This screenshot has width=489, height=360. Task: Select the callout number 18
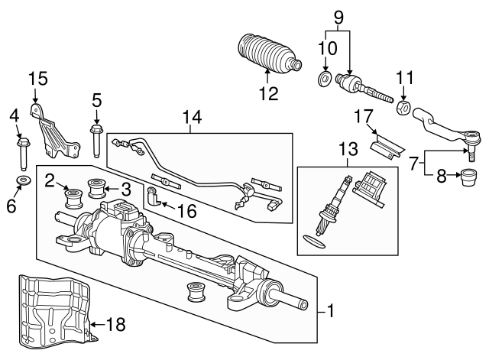115,325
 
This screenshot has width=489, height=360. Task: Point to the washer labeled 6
22,181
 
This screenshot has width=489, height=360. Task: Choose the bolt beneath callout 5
96,141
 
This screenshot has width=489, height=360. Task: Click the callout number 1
330,311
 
